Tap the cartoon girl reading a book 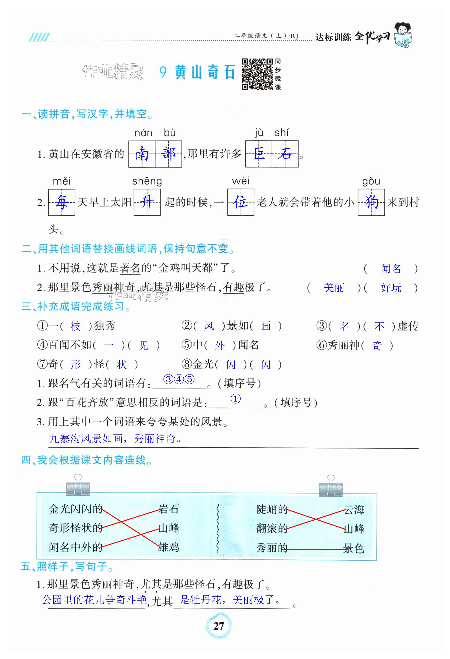click(403, 35)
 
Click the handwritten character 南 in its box click(141, 154)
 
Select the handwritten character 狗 click(371, 202)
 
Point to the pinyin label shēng click(147, 181)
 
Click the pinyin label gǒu click(371, 181)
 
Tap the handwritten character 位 click(241, 202)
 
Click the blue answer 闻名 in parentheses click(391, 268)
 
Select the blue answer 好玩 click(391, 288)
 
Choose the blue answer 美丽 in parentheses click(334, 288)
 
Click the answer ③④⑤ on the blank click(179, 379)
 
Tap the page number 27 click(218, 626)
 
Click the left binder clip click(78, 486)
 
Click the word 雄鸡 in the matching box click(169, 547)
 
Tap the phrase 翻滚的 click(272, 528)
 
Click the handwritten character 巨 click(258, 154)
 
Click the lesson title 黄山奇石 click(205, 72)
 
